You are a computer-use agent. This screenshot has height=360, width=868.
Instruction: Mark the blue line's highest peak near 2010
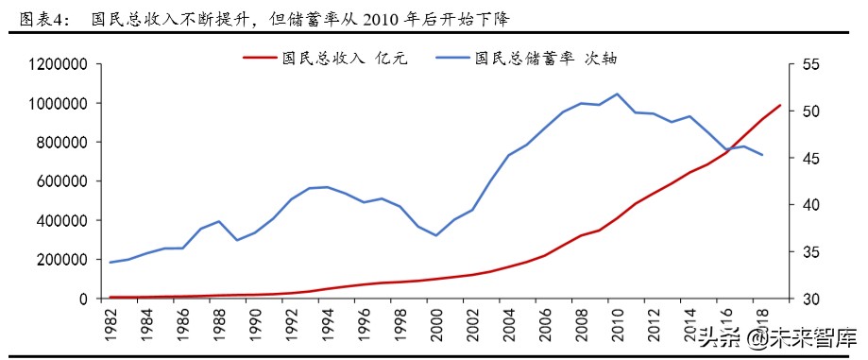tap(617, 94)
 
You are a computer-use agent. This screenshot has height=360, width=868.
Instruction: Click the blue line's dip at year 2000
tap(435, 235)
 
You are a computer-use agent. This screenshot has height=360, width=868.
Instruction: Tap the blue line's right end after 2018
tap(762, 155)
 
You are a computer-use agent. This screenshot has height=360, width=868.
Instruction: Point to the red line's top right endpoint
tap(780, 105)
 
